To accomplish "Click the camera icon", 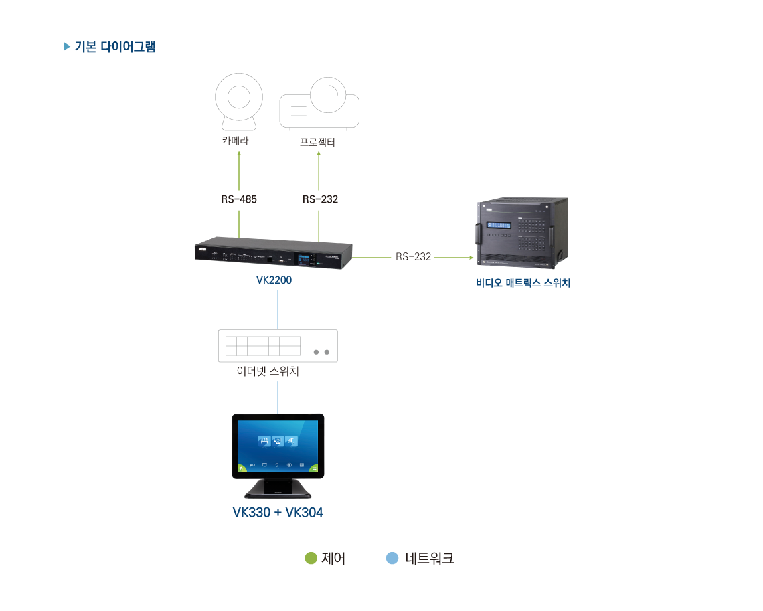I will [239, 103].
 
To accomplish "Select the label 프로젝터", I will [317, 142].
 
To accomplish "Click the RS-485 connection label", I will [239, 199].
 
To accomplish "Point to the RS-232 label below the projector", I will [320, 199].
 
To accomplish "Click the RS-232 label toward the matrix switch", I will [413, 256].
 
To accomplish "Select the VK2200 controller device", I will [274, 255].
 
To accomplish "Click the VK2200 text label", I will [274, 280].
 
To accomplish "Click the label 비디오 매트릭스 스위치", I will [523, 283].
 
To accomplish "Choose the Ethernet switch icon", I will [278, 345].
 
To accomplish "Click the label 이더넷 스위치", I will [268, 371].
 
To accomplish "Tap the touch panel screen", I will [278, 444].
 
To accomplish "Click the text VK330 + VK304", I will [278, 513].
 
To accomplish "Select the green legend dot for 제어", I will [311, 558].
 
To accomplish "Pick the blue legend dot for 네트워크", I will [392, 558].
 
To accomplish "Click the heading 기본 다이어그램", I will [114, 47].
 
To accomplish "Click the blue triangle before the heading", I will [66, 47].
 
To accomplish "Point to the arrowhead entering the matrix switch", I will [470, 256].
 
